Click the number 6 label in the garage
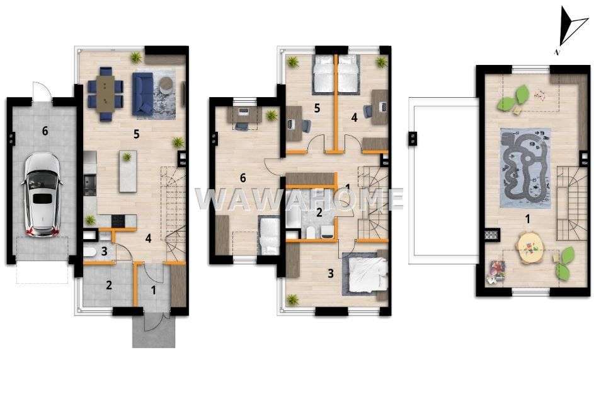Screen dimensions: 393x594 click(44, 131)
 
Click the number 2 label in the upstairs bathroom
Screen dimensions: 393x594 click(319, 213)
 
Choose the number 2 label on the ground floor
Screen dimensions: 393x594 click(108, 285)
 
